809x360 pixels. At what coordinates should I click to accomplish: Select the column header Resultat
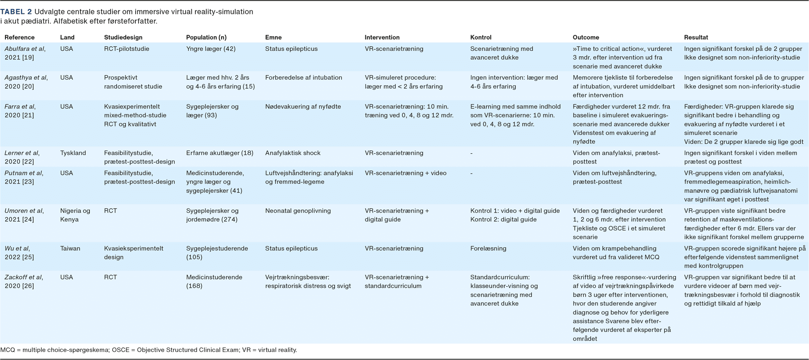tap(696, 37)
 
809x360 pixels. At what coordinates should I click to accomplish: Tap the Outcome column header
tap(586, 37)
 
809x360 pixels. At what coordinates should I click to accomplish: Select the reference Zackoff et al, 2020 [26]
tap(24, 281)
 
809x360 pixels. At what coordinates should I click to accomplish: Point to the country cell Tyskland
tap(73, 153)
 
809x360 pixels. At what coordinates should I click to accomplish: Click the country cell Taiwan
tap(70, 248)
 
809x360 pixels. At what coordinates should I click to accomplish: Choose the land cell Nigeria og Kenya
tap(75, 215)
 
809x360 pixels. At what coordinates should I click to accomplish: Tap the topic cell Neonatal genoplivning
tap(298, 210)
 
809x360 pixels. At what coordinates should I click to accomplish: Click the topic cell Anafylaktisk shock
tap(293, 153)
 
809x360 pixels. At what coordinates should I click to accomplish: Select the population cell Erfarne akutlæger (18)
tap(220, 153)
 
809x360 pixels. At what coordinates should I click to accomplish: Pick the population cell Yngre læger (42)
tap(210, 49)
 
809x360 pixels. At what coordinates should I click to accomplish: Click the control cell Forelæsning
tap(489, 248)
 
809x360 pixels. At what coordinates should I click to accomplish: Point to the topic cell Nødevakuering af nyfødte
tap(303, 107)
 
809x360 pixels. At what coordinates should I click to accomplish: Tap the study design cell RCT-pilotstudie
tap(127, 49)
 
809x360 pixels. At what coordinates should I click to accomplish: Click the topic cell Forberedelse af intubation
tap(303, 77)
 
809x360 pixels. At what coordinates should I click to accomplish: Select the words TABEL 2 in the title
tap(16, 12)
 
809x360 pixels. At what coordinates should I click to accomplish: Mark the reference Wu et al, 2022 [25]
tap(20, 253)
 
